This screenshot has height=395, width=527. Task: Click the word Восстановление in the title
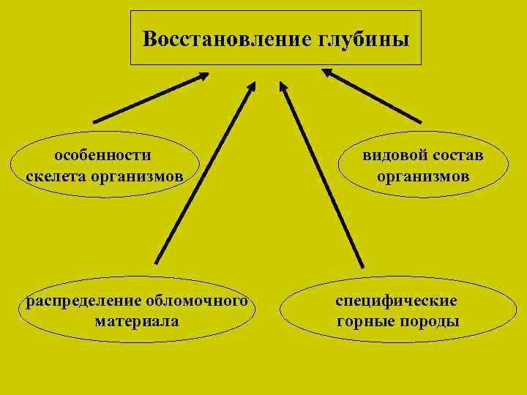[x=227, y=39]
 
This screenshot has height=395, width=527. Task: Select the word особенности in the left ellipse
[x=103, y=155]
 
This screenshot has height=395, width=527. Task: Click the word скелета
[x=54, y=176]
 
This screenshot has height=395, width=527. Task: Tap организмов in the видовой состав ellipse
[x=423, y=176]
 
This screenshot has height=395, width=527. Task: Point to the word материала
[x=137, y=320]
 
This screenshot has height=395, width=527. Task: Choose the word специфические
[x=397, y=300]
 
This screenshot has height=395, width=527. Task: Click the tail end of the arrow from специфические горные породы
[x=362, y=266]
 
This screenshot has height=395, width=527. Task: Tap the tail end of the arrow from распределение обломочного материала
[x=155, y=262]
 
